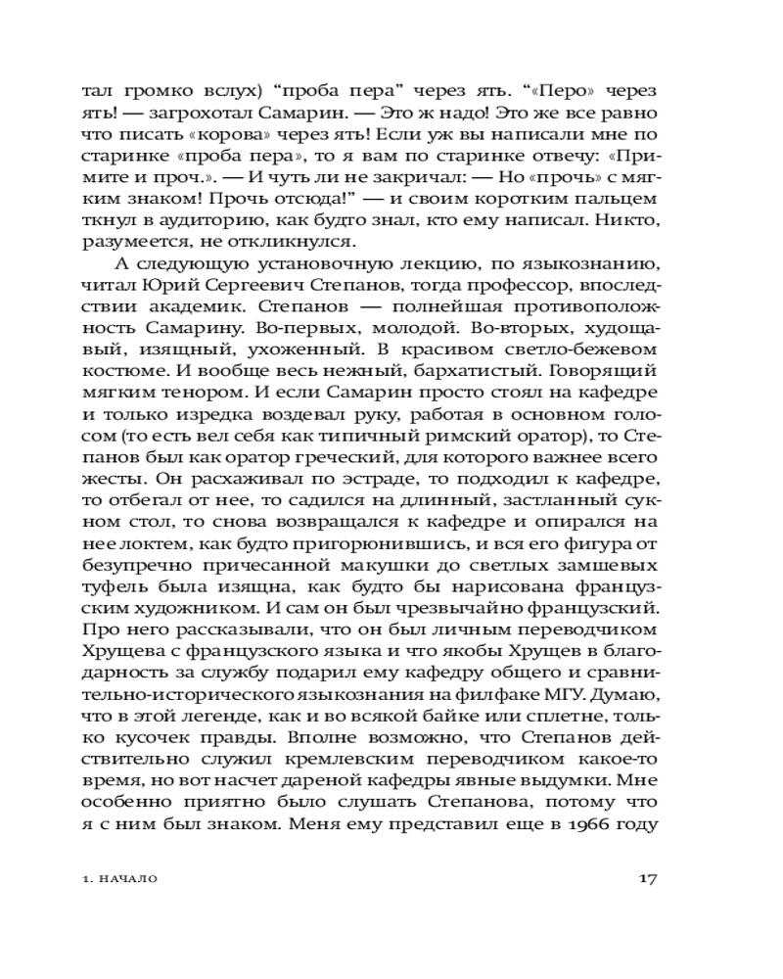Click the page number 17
pyautogui.click(x=647, y=877)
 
